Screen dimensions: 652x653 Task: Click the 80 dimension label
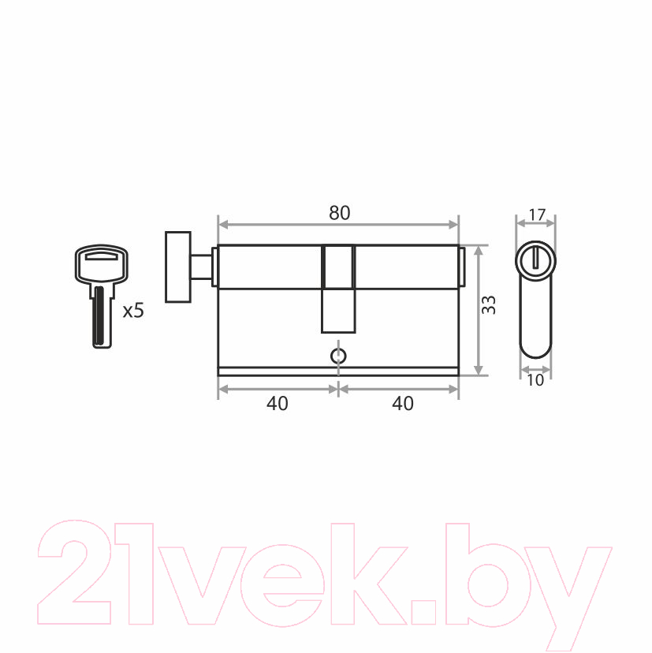(339, 213)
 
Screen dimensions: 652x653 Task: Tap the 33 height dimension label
(488, 305)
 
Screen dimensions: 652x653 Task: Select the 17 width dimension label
(537, 215)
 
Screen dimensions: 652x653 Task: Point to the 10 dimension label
(535, 380)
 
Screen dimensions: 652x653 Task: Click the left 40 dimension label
(278, 403)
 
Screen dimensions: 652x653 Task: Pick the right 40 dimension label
(403, 403)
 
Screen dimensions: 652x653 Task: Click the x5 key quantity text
(133, 311)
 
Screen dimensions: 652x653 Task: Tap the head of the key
(101, 265)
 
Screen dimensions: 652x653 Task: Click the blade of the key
(101, 316)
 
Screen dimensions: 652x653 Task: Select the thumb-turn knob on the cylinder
(178, 267)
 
